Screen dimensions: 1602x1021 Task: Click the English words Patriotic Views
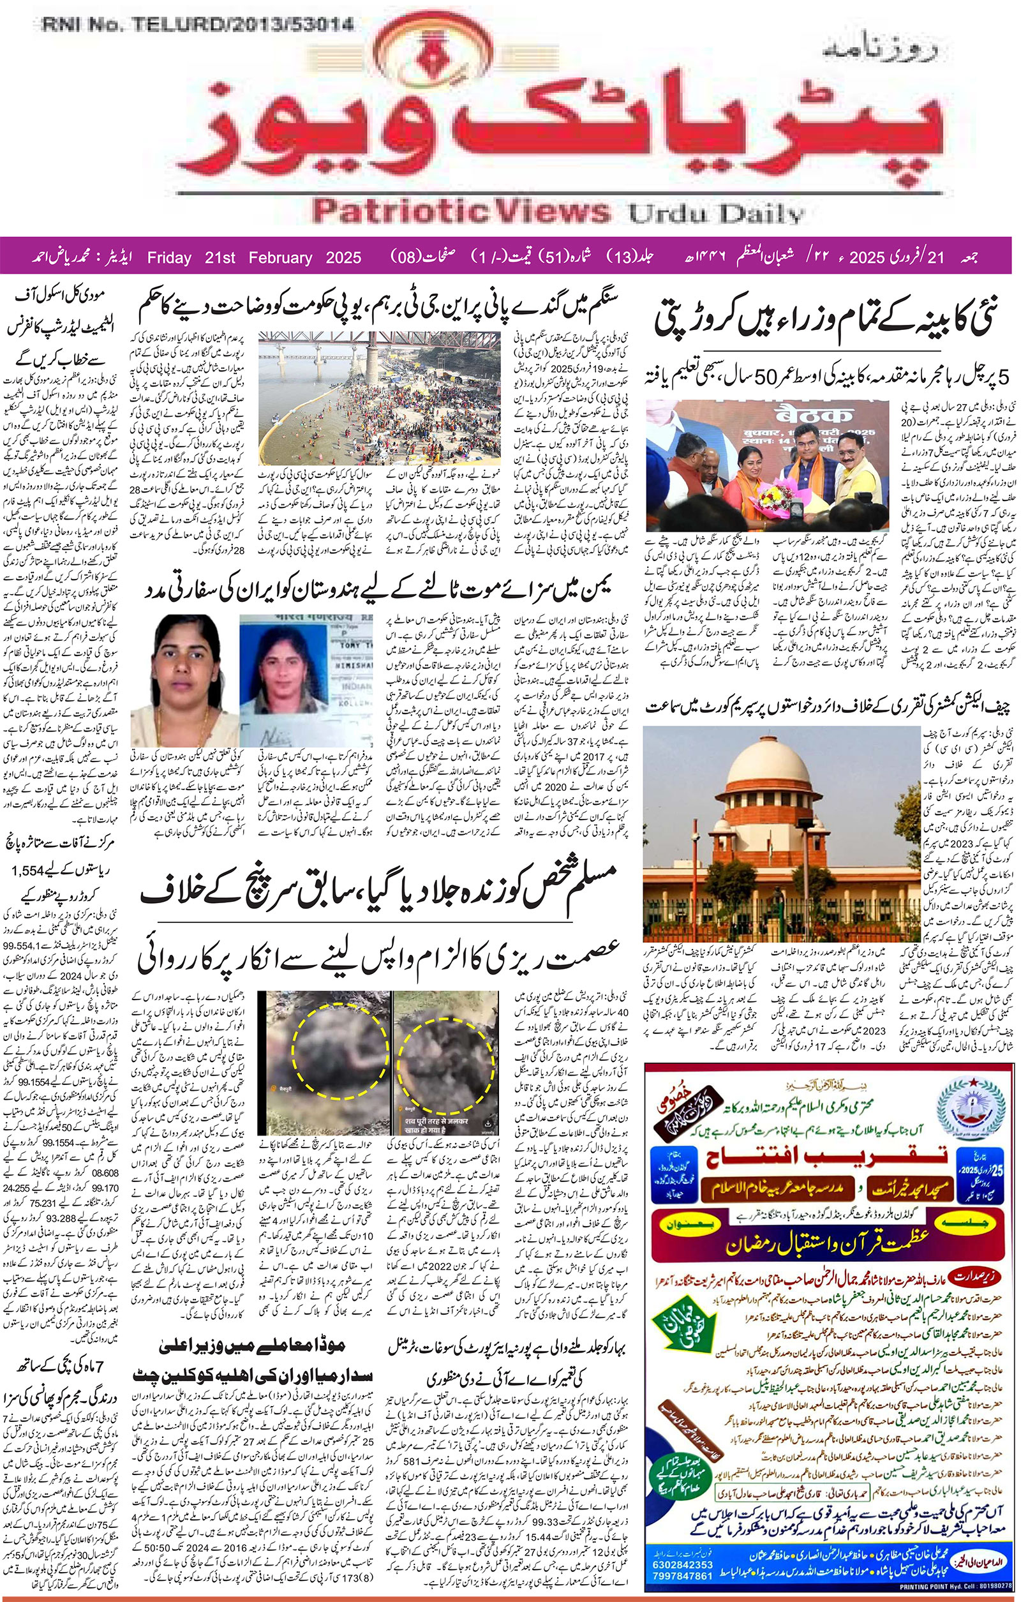459,211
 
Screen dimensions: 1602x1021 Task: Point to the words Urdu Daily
717,214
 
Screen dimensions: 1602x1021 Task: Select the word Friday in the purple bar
169,257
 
